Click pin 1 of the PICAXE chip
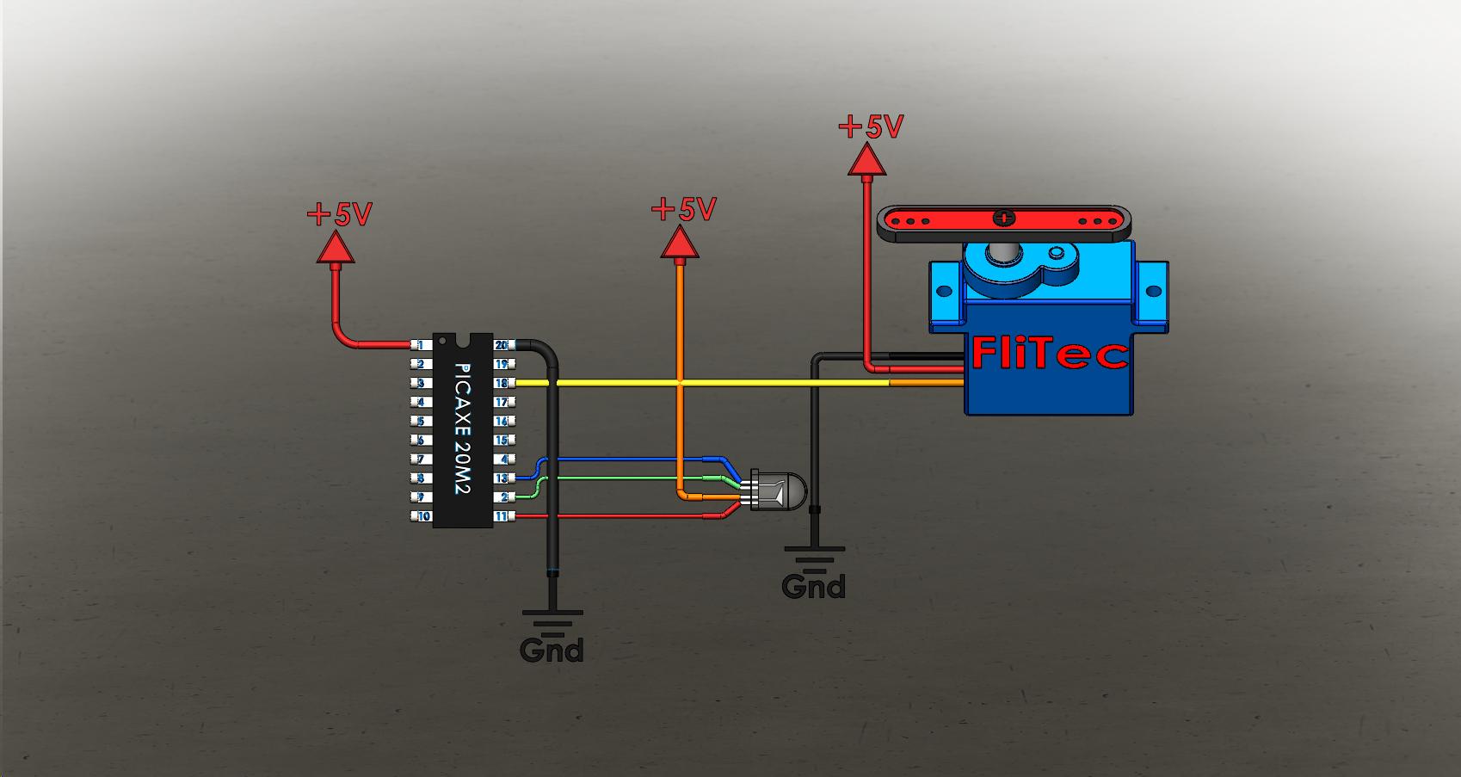[x=421, y=345]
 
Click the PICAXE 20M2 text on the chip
[x=462, y=428]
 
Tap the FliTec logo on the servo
[x=1049, y=354]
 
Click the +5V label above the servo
[x=871, y=127]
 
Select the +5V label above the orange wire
[x=684, y=209]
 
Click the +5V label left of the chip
[x=340, y=213]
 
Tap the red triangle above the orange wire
[x=680, y=245]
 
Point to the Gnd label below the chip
[x=552, y=650]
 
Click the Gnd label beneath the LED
[x=813, y=587]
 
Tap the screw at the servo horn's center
[x=1003, y=218]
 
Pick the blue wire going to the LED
[x=628, y=459]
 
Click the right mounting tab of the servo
[x=1153, y=296]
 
